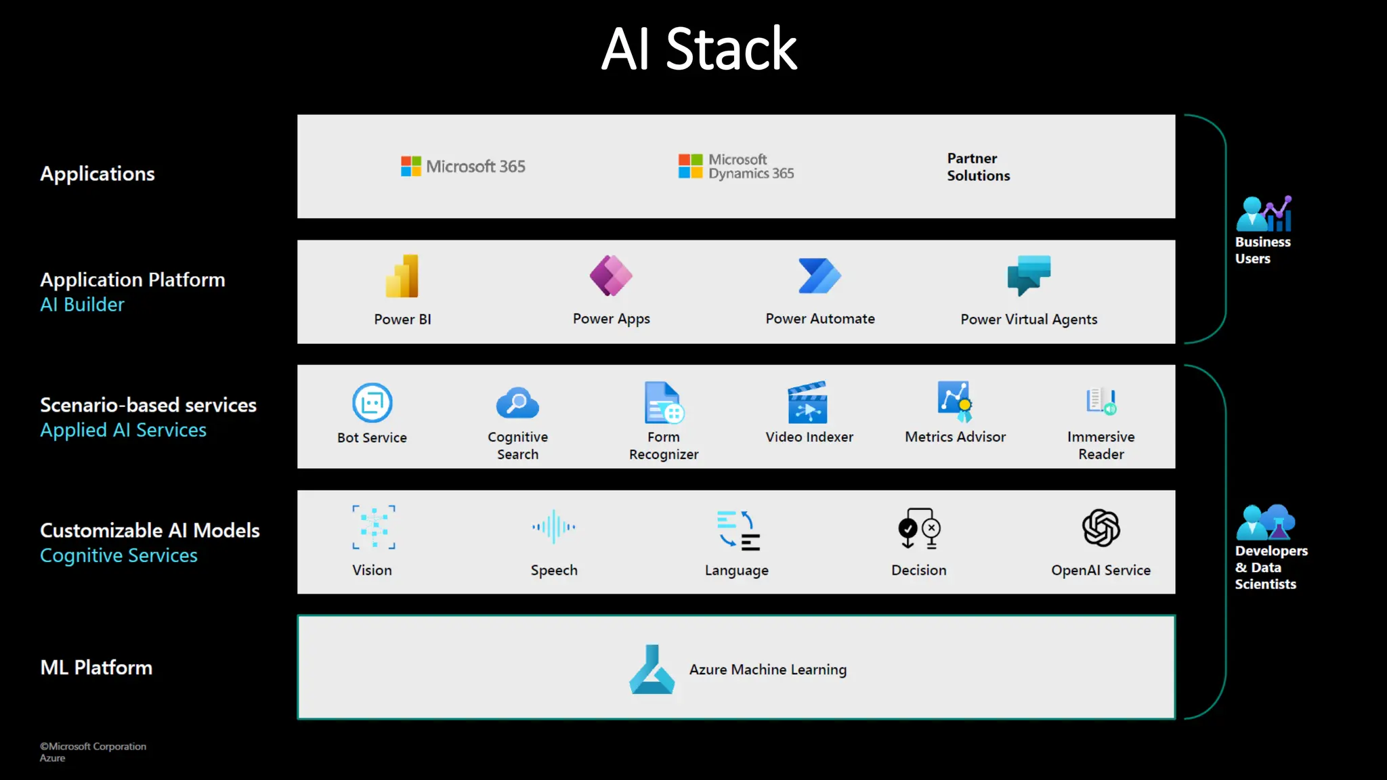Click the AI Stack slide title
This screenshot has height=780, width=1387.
point(699,49)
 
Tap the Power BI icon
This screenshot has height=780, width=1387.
point(402,276)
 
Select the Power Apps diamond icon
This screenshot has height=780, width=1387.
point(611,276)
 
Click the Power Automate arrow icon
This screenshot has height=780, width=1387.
point(819,276)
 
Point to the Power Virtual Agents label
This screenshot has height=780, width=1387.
point(1029,320)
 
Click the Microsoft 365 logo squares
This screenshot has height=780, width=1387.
point(410,166)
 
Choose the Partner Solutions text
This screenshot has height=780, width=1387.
point(978,167)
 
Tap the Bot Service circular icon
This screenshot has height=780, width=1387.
point(372,403)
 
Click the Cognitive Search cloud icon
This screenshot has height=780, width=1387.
point(517,404)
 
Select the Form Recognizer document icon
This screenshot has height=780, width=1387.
point(663,403)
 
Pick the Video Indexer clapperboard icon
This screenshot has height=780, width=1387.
point(808,402)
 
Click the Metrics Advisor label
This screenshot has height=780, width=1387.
point(955,437)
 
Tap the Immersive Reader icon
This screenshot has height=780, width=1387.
point(1101,402)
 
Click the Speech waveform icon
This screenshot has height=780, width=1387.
point(554,527)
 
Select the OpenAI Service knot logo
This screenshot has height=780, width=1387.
point(1101,528)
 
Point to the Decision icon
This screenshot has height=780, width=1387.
point(919,528)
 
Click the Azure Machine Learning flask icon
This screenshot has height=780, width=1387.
point(652,670)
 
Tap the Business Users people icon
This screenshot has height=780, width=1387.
point(1263,214)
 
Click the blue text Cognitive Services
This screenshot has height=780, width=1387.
point(119,555)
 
